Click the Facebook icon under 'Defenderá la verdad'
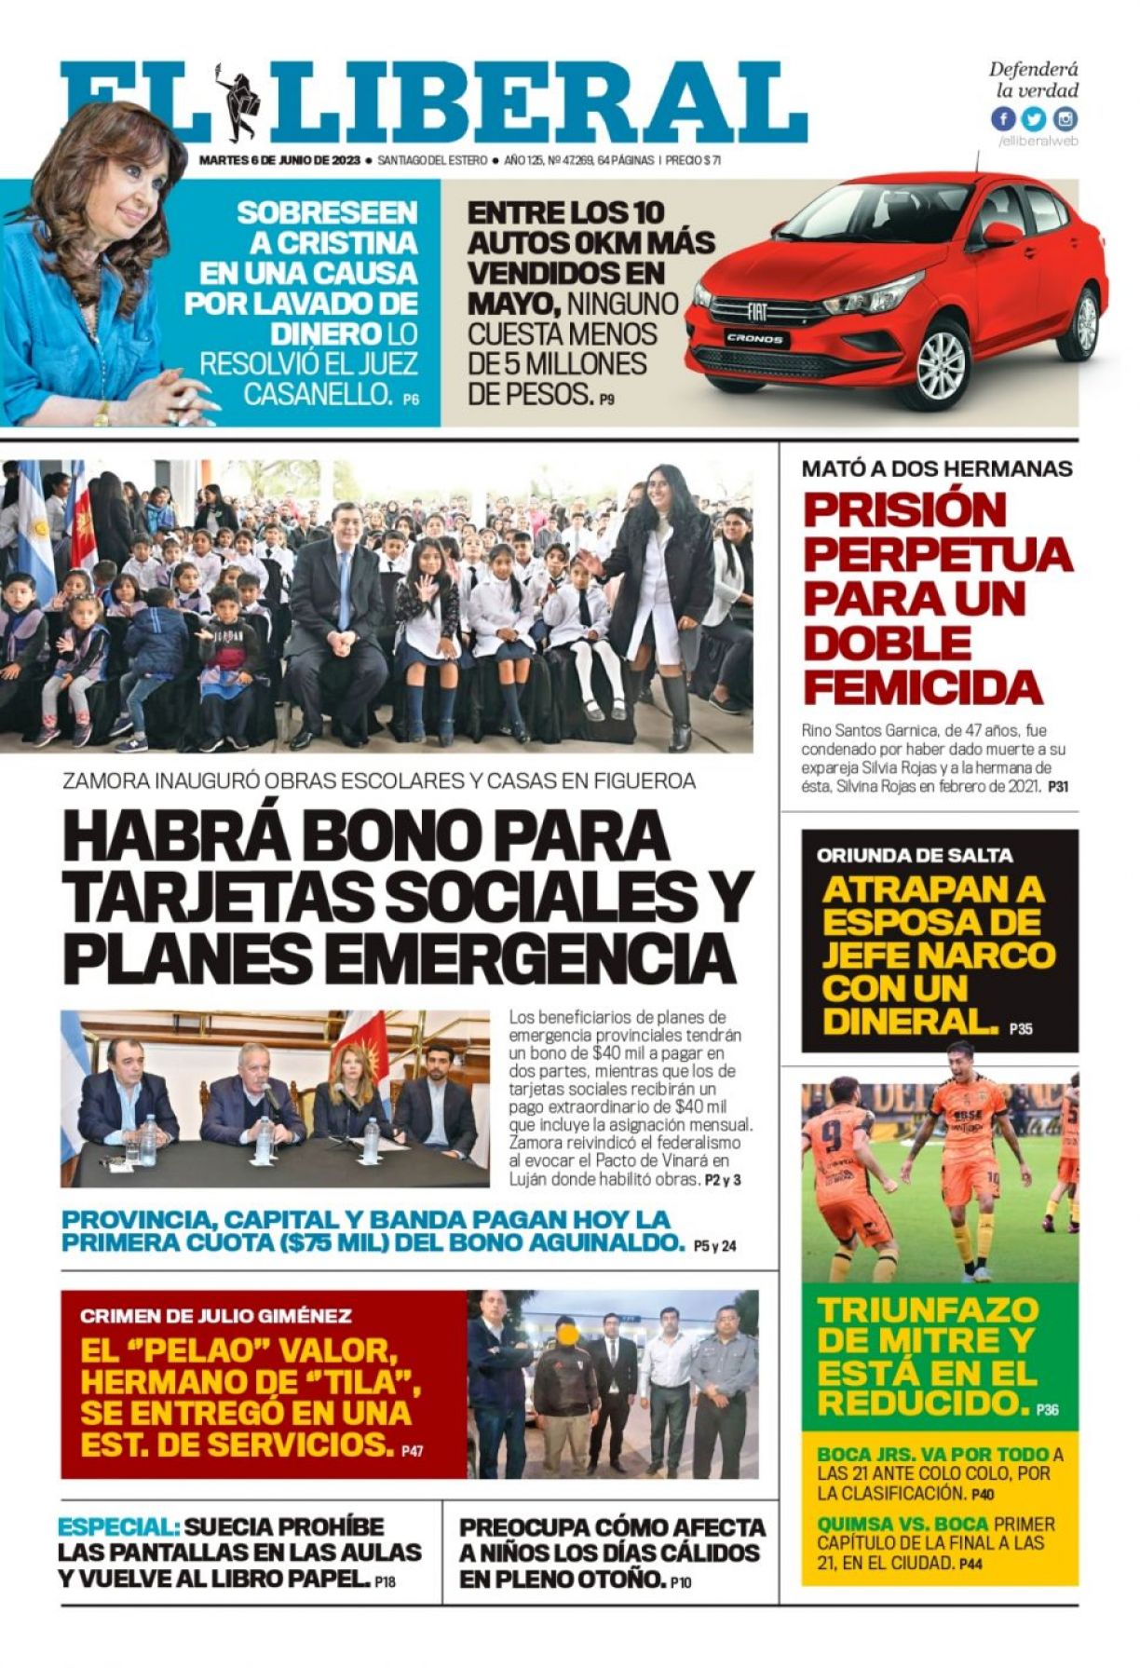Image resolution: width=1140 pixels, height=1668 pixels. (x=1003, y=119)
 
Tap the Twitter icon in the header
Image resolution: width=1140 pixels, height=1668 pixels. (x=1034, y=119)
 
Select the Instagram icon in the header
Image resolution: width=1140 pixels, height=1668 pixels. (x=1065, y=119)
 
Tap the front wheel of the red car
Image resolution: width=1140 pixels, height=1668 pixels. (x=941, y=364)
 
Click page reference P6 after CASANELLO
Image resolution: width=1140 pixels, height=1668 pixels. (x=411, y=400)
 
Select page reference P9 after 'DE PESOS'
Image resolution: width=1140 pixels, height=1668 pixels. (x=606, y=400)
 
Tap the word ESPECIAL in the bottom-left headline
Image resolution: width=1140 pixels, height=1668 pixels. (x=118, y=1527)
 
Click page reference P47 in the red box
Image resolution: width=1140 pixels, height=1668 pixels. (x=412, y=1451)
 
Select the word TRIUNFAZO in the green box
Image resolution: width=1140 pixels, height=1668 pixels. (x=928, y=1310)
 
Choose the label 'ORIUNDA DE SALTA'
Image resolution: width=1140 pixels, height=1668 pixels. (x=915, y=855)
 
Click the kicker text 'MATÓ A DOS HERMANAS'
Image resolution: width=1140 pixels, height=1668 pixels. (x=937, y=468)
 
